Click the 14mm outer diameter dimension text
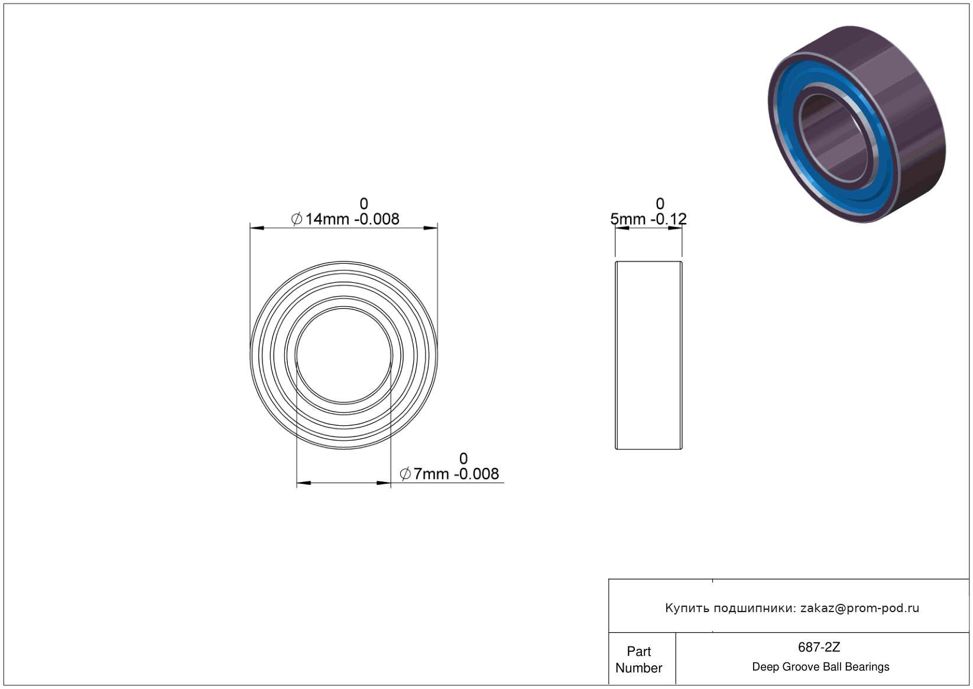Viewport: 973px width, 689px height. (345, 219)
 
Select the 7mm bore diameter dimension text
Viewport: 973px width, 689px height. (449, 473)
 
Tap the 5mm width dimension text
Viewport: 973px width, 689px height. (648, 219)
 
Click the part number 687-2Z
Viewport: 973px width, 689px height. (819, 647)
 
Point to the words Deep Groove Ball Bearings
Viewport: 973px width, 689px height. (820, 667)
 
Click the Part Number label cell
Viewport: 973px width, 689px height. (638, 659)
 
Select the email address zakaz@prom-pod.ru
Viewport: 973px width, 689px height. (860, 608)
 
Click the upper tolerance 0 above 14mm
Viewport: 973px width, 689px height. (364, 203)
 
